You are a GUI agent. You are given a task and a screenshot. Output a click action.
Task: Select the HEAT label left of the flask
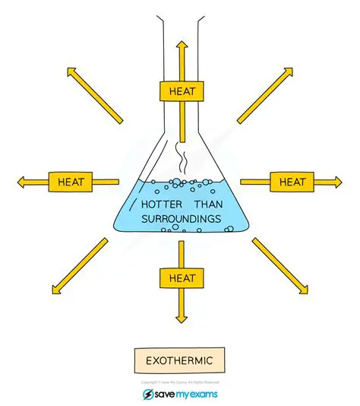70,182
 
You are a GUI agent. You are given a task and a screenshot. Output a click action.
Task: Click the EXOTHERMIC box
180,358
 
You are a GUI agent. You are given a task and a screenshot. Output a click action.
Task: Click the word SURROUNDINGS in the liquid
181,219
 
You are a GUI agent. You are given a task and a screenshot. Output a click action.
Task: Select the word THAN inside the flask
210,205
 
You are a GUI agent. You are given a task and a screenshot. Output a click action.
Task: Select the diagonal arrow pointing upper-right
265,94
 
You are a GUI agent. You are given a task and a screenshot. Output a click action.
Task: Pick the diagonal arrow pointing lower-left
79,265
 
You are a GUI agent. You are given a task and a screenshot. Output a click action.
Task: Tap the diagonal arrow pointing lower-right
280,265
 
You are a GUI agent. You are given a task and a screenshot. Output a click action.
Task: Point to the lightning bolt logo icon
149,395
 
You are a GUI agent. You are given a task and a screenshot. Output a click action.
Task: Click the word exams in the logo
202,395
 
